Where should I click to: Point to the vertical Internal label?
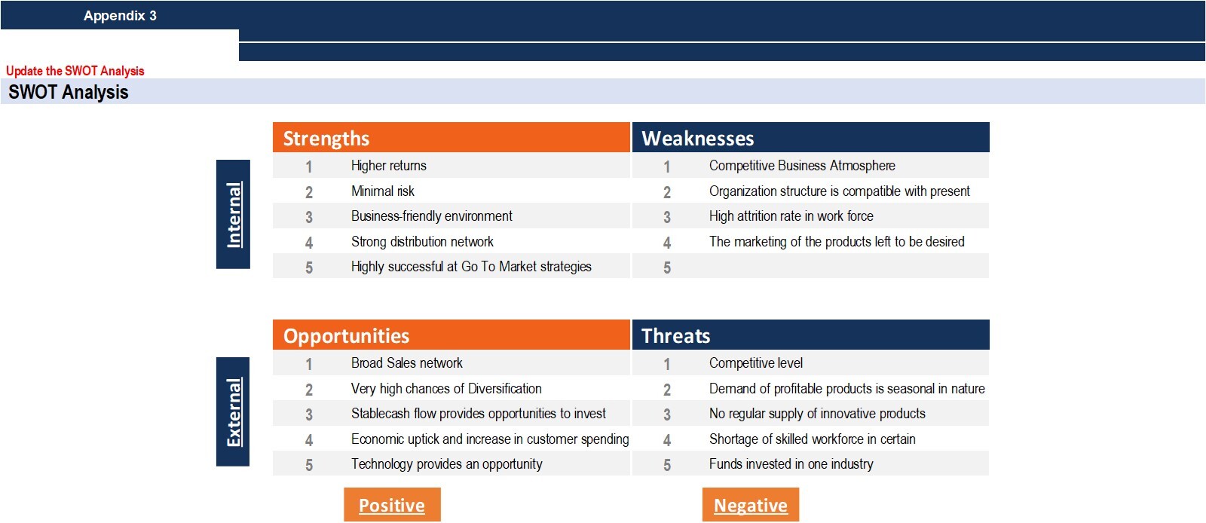[233, 214]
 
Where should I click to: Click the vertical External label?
[233, 411]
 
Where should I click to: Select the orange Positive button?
[392, 505]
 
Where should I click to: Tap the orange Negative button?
[751, 505]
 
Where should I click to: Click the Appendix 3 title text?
[120, 16]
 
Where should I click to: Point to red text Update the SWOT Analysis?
[75, 71]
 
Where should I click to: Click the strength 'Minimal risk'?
[383, 191]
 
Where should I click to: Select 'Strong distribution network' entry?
[422, 242]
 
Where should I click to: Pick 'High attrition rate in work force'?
[791, 216]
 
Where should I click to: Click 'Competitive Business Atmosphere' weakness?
[802, 166]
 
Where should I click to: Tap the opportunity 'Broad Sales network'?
[406, 363]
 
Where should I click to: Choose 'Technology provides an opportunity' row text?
[446, 464]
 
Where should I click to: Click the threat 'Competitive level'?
[755, 363]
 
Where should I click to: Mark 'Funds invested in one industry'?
[791, 464]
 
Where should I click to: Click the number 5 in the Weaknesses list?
[667, 268]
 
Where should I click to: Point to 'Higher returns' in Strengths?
[389, 166]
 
